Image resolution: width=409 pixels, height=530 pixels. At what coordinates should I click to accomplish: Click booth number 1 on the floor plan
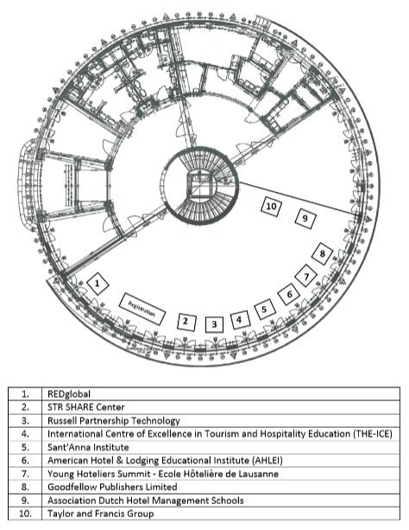pyautogui.click(x=98, y=284)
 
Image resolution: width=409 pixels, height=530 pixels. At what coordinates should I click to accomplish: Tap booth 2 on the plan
pyautogui.click(x=186, y=322)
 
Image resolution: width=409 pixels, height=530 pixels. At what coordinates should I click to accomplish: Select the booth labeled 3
pyautogui.click(x=214, y=324)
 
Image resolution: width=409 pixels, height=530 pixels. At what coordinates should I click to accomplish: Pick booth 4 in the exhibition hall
pyautogui.click(x=240, y=320)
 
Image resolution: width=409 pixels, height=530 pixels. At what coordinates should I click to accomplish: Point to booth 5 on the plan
pyautogui.click(x=265, y=309)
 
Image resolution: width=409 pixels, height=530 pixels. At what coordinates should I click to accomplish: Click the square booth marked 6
pyautogui.click(x=289, y=294)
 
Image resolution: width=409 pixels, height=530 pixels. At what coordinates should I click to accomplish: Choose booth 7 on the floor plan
pyautogui.click(x=306, y=276)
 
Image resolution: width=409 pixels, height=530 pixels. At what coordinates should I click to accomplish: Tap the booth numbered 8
pyautogui.click(x=322, y=253)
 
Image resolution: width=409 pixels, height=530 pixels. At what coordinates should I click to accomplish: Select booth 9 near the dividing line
pyautogui.click(x=305, y=219)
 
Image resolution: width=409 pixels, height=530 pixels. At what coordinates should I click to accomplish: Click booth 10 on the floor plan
pyautogui.click(x=271, y=206)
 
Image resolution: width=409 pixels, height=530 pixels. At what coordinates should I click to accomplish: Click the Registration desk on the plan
pyautogui.click(x=142, y=309)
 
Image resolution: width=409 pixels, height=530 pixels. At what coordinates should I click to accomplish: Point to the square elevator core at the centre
pyautogui.click(x=200, y=184)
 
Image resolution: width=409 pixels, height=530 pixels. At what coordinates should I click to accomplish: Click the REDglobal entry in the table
pyautogui.click(x=69, y=394)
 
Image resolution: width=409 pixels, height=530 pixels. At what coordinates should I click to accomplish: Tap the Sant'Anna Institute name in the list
pyautogui.click(x=88, y=447)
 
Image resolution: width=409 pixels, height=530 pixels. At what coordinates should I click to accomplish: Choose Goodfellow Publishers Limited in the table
pyautogui.click(x=112, y=487)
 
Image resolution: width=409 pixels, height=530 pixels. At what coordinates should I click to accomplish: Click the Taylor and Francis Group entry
pyautogui.click(x=101, y=514)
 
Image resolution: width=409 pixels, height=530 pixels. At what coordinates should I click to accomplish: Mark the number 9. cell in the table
pyautogui.click(x=25, y=501)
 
